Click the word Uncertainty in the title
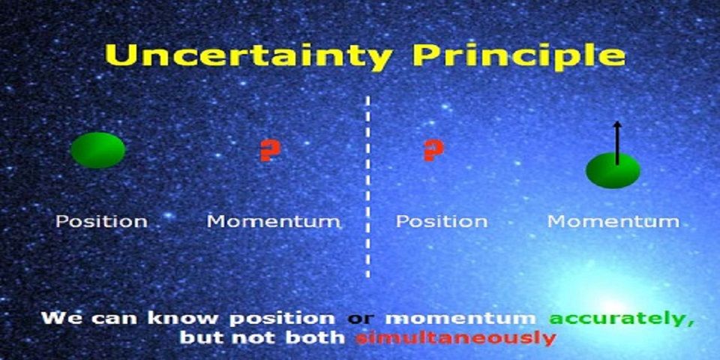249,55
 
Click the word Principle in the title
519,56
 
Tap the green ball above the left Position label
97,150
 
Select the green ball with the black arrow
613,171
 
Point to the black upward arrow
617,142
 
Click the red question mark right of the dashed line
434,151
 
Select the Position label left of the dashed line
101,222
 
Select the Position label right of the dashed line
441,222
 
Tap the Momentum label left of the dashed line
274,222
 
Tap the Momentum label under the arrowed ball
613,222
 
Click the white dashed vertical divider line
367,187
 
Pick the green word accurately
622,319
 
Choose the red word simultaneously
455,338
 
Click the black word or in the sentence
359,319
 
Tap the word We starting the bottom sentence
57,318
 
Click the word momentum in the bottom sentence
460,319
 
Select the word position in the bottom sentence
282,319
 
